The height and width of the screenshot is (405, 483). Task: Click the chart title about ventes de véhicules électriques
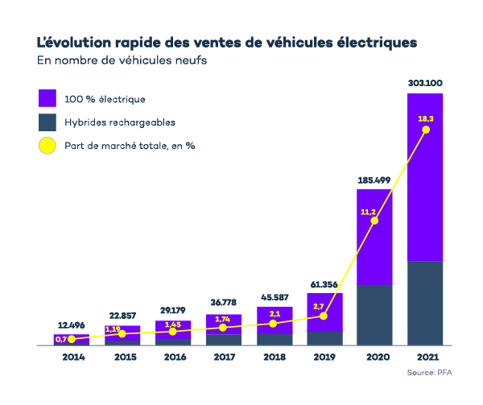pyautogui.click(x=227, y=40)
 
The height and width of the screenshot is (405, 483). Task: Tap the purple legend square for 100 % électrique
pyautogui.click(x=47, y=98)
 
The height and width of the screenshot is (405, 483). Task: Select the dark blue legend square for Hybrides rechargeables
pyautogui.click(x=47, y=122)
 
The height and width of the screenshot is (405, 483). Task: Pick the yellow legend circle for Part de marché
pyautogui.click(x=47, y=147)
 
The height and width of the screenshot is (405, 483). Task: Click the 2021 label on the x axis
pyautogui.click(x=424, y=357)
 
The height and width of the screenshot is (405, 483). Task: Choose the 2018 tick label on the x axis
pyautogui.click(x=274, y=357)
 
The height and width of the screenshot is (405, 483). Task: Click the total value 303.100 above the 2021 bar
pyautogui.click(x=424, y=83)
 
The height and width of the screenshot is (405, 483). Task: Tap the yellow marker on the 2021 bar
pyautogui.click(x=425, y=130)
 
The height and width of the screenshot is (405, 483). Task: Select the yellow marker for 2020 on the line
pyautogui.click(x=374, y=221)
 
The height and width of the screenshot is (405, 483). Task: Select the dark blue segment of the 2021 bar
pyautogui.click(x=424, y=303)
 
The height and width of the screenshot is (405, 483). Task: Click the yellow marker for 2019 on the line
pyautogui.click(x=324, y=316)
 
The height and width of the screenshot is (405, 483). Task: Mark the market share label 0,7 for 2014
pyautogui.click(x=60, y=340)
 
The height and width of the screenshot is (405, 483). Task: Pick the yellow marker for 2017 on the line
pyautogui.click(x=223, y=328)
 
